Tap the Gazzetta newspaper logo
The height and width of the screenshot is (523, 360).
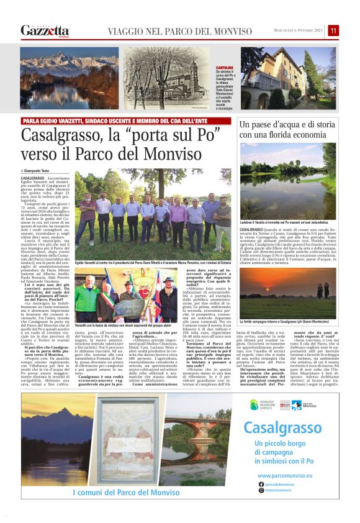45,30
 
